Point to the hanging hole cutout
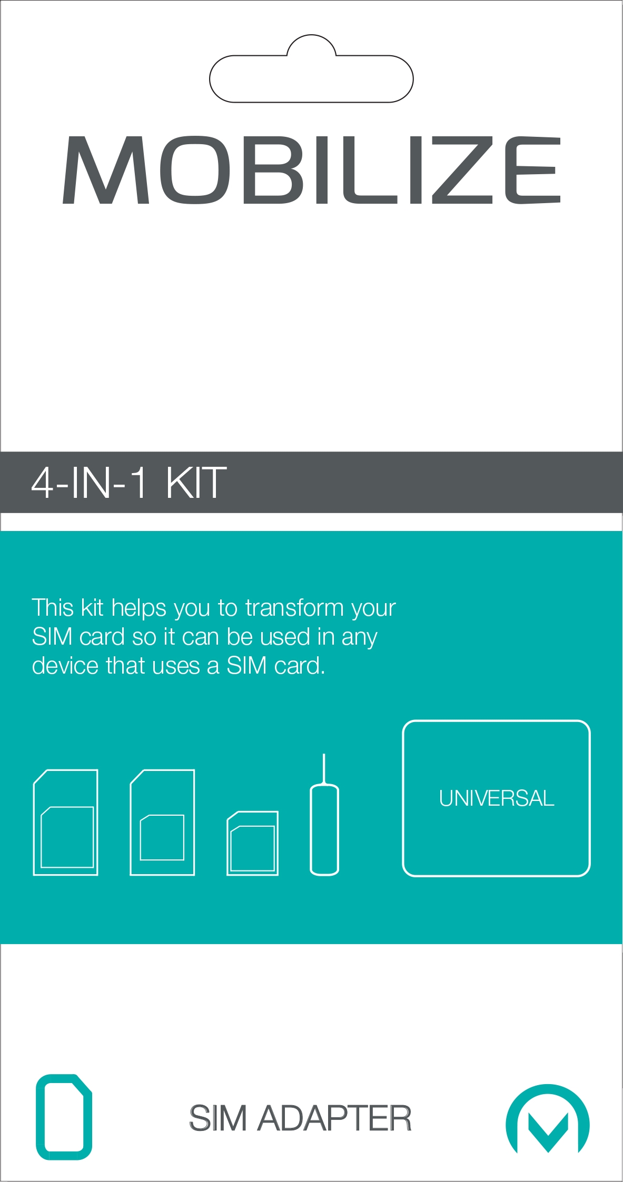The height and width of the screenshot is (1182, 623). pos(311,69)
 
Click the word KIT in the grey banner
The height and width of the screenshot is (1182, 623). pos(196,483)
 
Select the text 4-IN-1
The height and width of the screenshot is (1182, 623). pos(89,483)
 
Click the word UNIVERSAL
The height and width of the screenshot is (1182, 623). pos(497,798)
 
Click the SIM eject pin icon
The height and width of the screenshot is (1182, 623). pos(324,815)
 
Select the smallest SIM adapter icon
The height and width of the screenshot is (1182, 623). pos(253,843)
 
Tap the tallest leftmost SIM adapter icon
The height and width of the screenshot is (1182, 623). pos(65,822)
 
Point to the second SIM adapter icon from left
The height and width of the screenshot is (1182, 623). pos(162,822)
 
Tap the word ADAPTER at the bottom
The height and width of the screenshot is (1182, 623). pos(334,1118)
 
